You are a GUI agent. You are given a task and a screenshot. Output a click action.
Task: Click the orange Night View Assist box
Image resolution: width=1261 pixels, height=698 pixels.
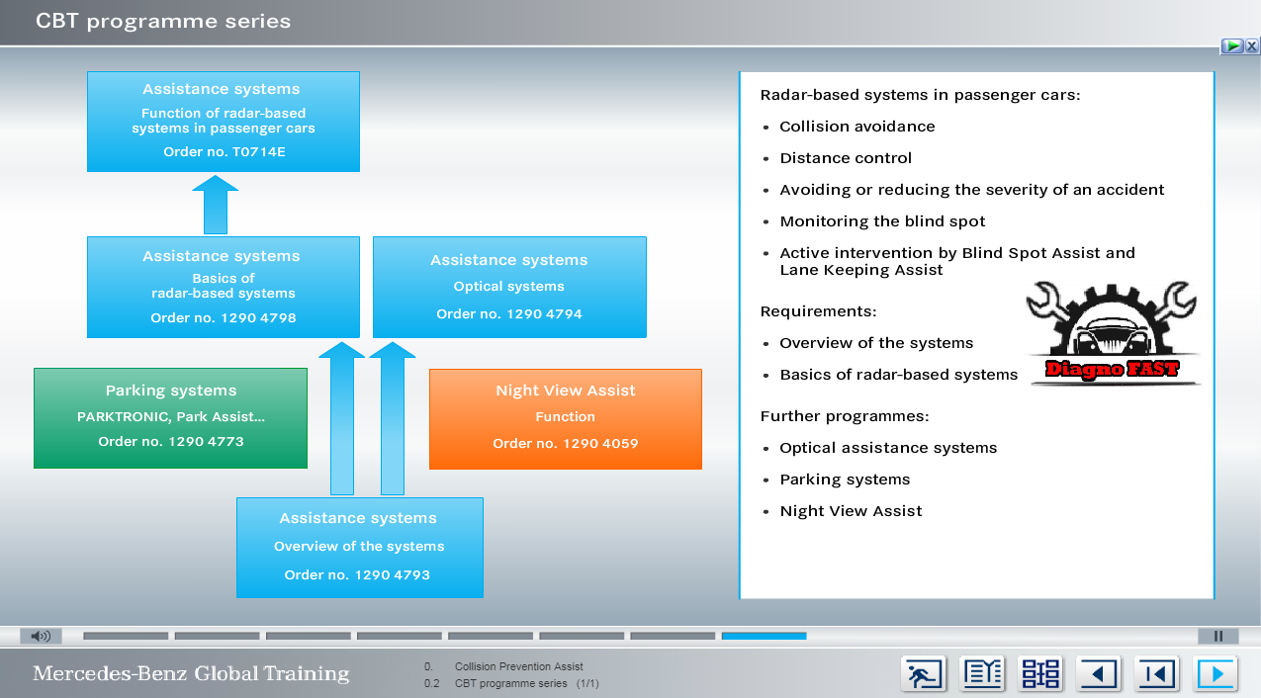[x=565, y=419]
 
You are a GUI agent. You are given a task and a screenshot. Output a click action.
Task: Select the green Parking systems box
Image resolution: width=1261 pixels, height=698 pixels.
[x=170, y=417]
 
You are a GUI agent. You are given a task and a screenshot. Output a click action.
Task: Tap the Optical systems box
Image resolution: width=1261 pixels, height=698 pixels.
[x=509, y=287]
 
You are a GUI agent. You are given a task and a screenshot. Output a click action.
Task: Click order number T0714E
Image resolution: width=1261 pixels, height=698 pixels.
[x=225, y=152]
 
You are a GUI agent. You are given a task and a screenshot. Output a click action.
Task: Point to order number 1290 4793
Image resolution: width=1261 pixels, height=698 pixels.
[x=357, y=574]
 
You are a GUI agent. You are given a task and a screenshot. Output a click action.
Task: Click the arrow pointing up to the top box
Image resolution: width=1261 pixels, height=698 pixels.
[x=215, y=205]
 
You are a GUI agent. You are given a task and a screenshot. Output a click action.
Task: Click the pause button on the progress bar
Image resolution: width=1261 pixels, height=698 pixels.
[x=1218, y=636]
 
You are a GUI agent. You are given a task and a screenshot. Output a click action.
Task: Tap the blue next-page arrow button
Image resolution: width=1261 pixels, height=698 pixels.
[x=1215, y=674]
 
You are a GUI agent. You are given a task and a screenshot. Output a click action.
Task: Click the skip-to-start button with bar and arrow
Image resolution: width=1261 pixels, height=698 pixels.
[x=1156, y=674]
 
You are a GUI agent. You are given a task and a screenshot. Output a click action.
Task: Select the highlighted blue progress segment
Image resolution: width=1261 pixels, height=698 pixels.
[x=764, y=636]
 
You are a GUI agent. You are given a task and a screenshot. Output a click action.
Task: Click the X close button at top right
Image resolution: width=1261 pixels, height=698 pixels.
[x=1251, y=46]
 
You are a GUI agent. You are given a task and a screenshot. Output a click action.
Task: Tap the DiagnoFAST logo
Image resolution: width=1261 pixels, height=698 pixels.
[x=1113, y=334]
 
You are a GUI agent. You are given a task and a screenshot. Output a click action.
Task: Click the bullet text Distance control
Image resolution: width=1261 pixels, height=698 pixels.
[x=846, y=158]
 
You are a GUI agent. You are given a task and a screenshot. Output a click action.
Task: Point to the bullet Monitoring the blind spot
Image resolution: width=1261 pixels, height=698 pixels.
[x=882, y=221]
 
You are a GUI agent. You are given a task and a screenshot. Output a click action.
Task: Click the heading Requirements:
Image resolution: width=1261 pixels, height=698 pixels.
[x=818, y=311]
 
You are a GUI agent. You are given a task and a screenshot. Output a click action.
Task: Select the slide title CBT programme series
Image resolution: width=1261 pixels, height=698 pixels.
[x=163, y=22]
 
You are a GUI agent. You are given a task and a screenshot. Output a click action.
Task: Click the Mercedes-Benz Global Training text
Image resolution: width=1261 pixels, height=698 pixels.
[x=191, y=674]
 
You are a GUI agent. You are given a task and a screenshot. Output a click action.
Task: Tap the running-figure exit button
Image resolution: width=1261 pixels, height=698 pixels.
[x=923, y=674]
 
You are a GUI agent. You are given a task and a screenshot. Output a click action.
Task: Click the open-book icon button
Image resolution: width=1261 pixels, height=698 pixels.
[x=982, y=674]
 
